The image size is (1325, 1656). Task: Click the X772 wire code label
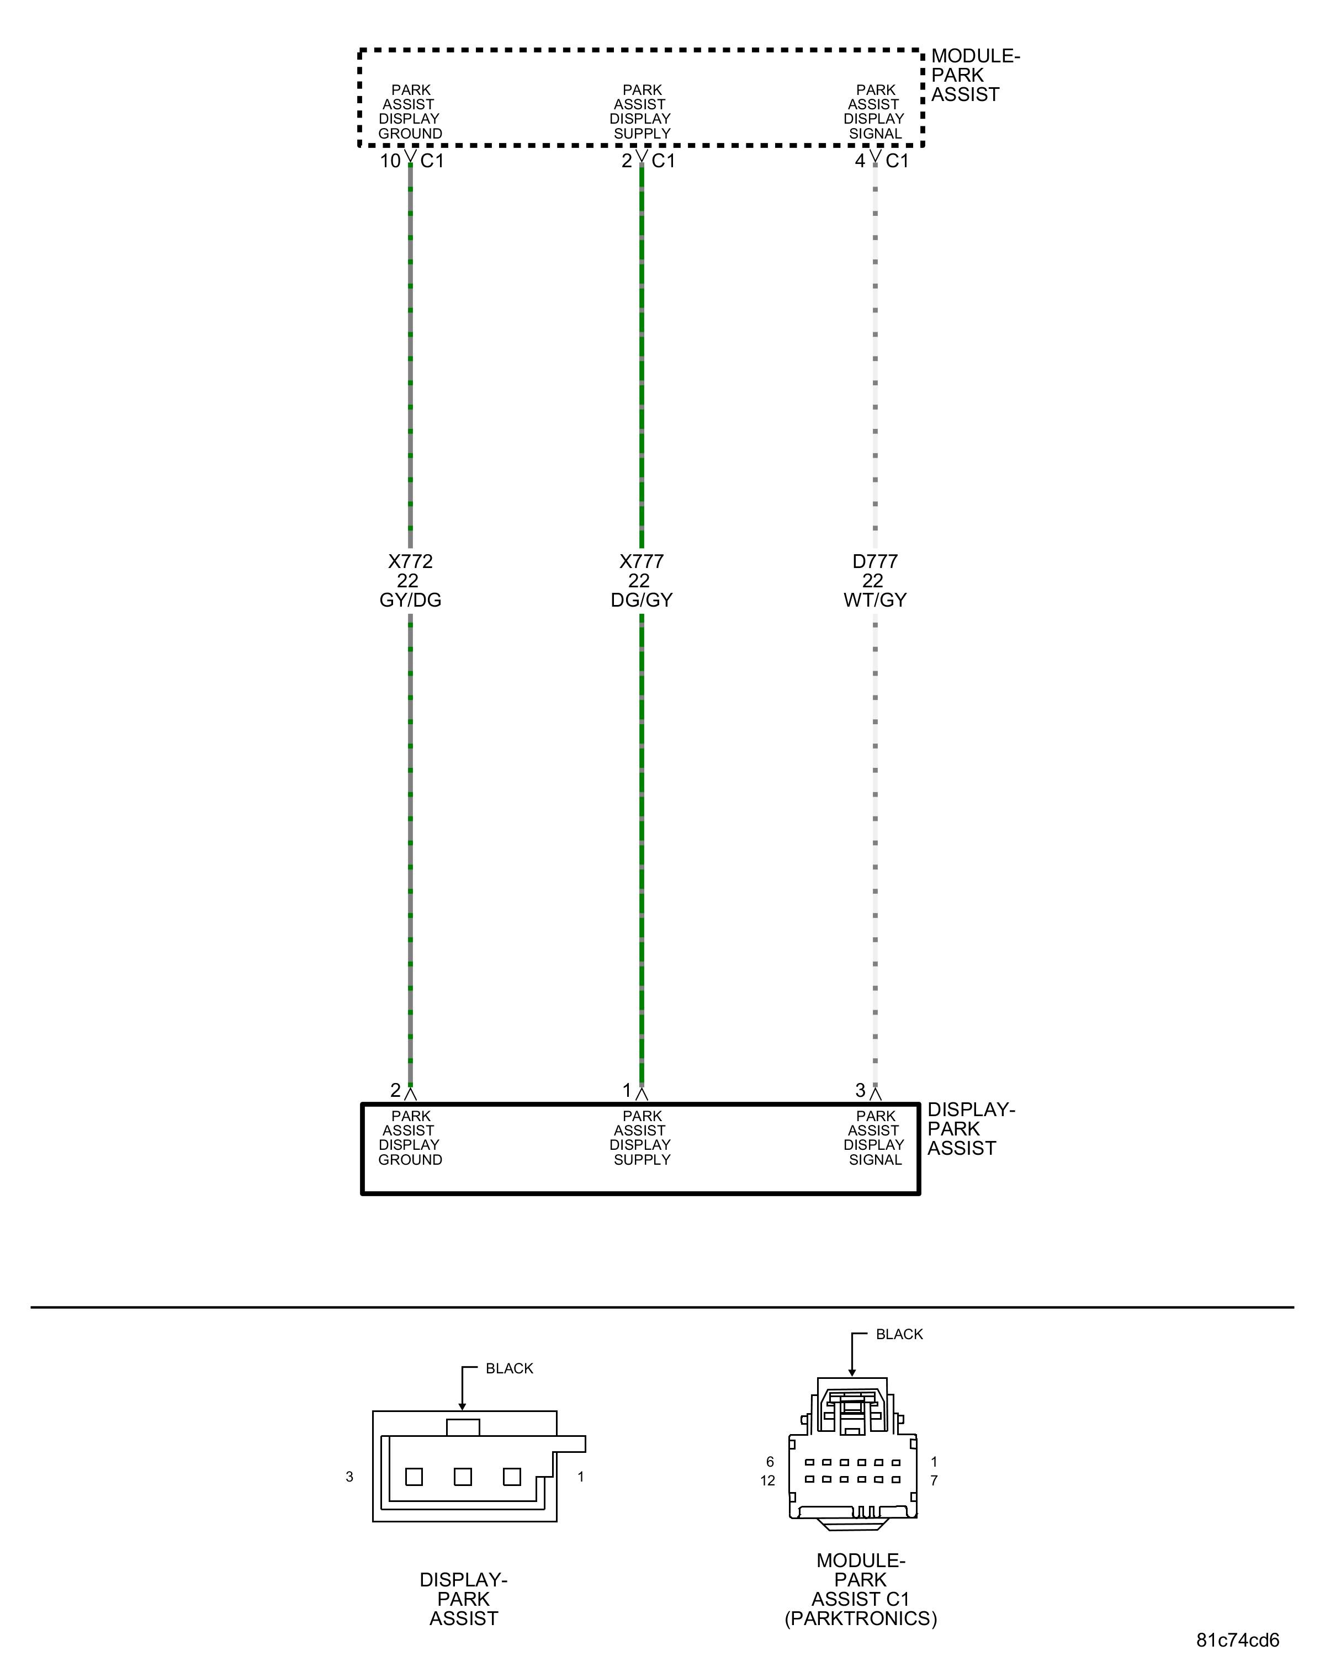coord(410,561)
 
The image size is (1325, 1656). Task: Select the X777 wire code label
coord(642,561)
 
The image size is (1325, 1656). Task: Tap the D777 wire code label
coord(875,561)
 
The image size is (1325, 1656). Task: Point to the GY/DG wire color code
coord(410,600)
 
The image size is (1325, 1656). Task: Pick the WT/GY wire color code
coord(875,600)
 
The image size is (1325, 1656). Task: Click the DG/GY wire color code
coord(642,600)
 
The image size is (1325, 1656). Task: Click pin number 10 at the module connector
coord(390,161)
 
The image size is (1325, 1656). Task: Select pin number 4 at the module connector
coord(860,161)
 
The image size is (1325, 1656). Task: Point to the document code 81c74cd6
coord(1237,1640)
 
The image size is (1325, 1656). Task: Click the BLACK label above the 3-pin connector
coord(509,1368)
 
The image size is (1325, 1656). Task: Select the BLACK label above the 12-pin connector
coord(899,1334)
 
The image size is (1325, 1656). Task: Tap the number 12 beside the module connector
coord(767,1480)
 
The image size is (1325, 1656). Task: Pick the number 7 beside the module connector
coord(934,1480)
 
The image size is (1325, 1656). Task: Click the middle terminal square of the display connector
coord(463,1476)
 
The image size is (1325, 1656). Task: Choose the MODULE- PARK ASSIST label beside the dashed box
coord(973,75)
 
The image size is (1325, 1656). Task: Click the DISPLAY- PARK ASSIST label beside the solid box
coord(969,1128)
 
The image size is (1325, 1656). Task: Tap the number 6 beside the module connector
coord(770,1462)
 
